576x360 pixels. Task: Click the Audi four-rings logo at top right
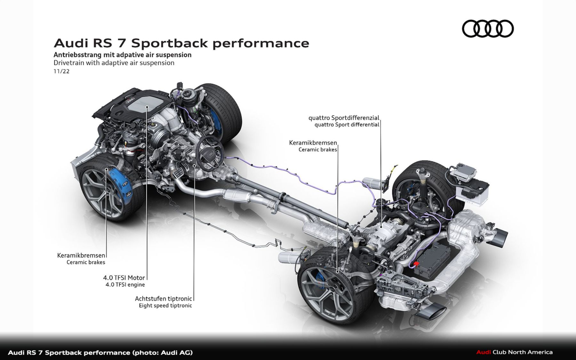[x=487, y=28]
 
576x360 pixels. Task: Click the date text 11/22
[x=61, y=71]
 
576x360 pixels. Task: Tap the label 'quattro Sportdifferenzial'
[x=344, y=118]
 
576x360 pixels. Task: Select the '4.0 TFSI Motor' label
[x=124, y=278]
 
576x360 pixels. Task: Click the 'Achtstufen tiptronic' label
[x=163, y=299]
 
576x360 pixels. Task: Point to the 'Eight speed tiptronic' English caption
[x=165, y=306]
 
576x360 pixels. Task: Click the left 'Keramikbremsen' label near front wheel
[x=81, y=255]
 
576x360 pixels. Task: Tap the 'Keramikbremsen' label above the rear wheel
[x=313, y=143]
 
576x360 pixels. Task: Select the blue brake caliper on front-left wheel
[x=120, y=181]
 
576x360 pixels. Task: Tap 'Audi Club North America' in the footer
[x=514, y=352]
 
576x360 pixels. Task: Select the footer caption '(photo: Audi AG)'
[x=162, y=352]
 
